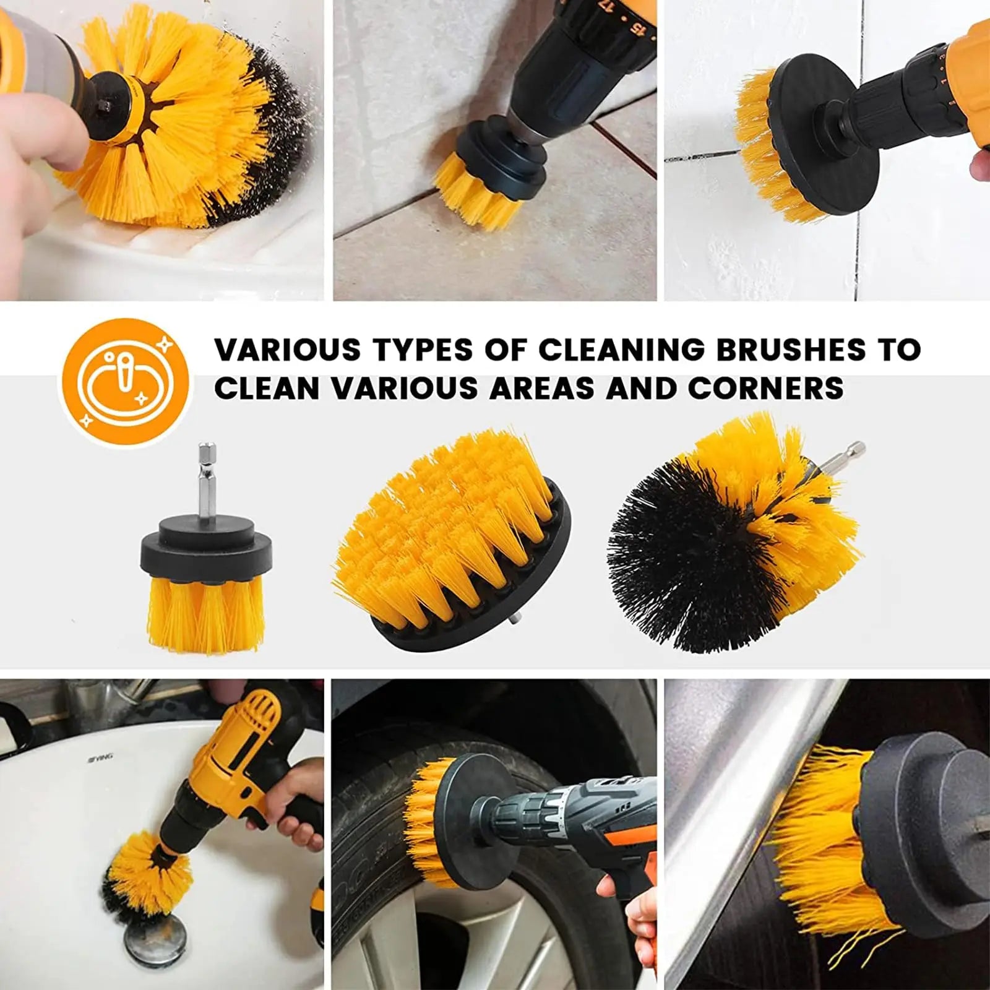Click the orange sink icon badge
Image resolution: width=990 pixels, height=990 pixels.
coord(124,382)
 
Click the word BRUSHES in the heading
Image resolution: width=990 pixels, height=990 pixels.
coord(791,350)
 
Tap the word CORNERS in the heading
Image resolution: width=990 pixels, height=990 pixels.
coord(765,389)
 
